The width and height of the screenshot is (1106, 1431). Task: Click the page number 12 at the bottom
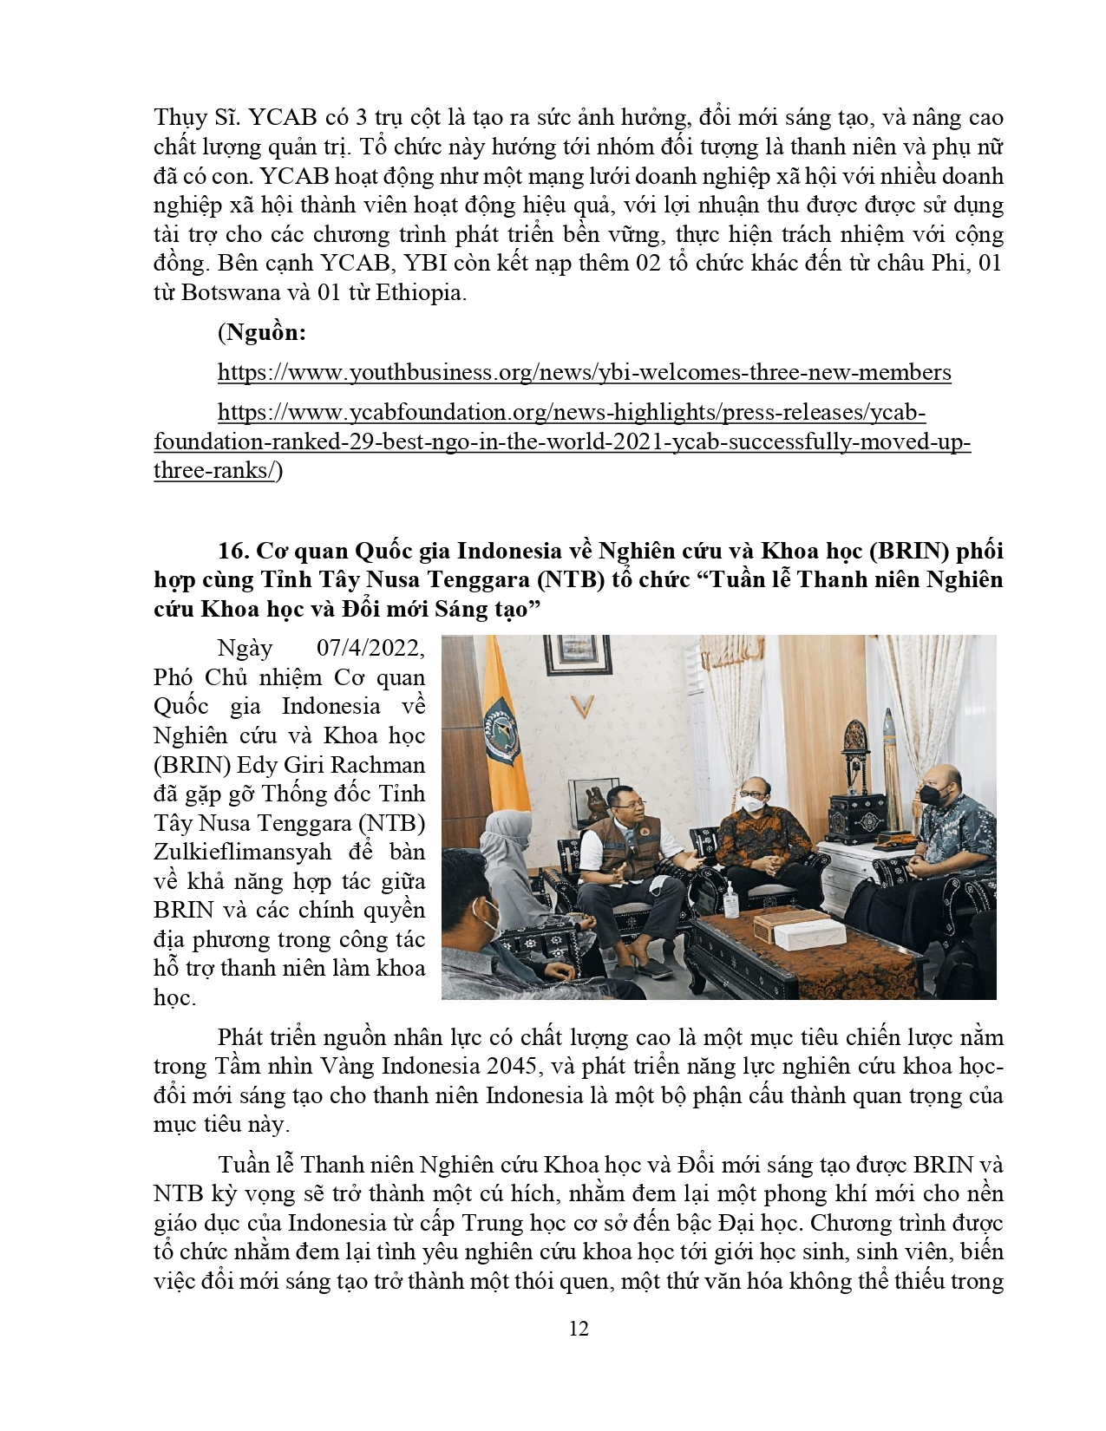point(579,1329)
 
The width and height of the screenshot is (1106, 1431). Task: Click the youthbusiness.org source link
point(584,373)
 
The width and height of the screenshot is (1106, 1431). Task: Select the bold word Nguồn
point(265,332)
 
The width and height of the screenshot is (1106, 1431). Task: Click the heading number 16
point(233,551)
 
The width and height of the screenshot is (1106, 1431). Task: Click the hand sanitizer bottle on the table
point(731,902)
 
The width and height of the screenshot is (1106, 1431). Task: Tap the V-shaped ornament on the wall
point(583,707)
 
